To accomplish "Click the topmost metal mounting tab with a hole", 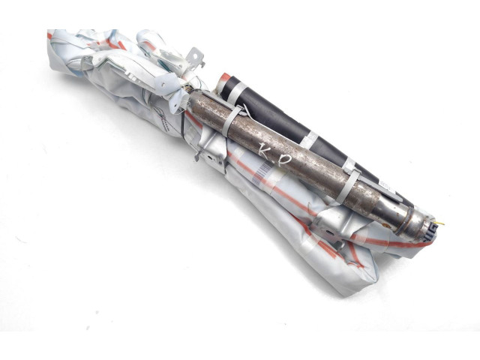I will click(x=194, y=58).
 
